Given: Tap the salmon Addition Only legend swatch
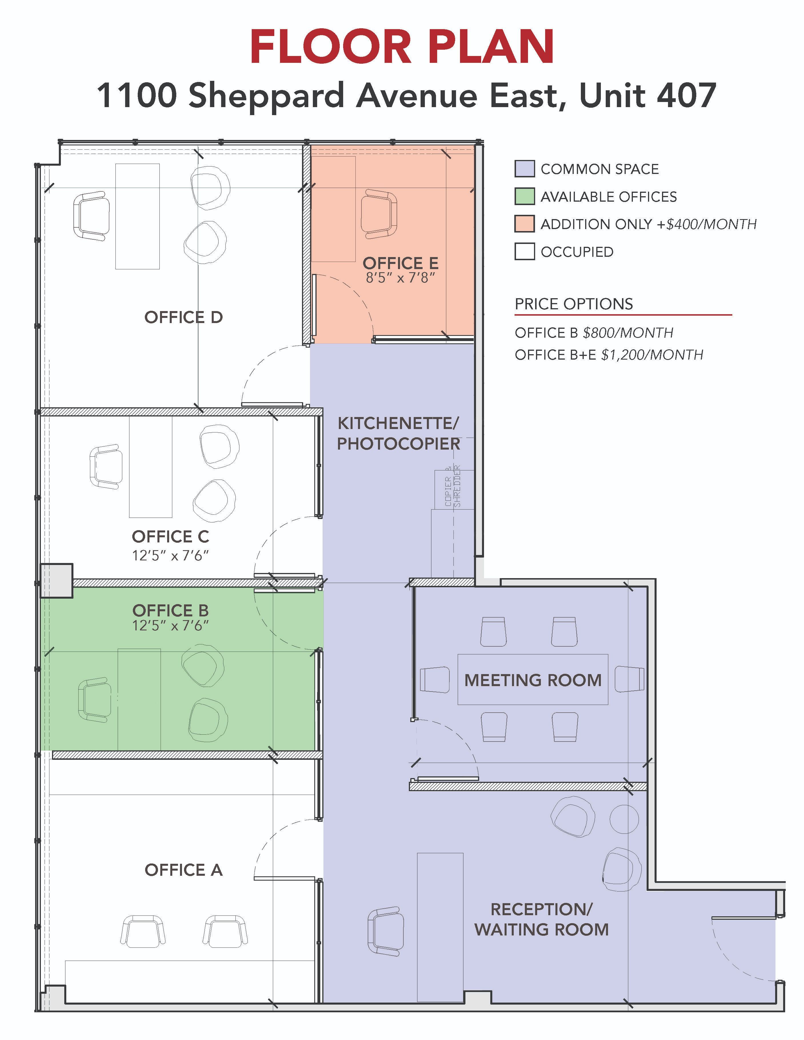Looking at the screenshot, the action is pyautogui.click(x=524, y=224).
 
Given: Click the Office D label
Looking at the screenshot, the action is pyautogui.click(x=183, y=317).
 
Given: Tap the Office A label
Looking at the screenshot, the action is pyautogui.click(x=183, y=870).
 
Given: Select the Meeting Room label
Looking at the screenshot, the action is pyautogui.click(x=533, y=680).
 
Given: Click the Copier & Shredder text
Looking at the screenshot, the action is pyautogui.click(x=453, y=486).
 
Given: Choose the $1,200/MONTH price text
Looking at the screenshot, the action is pyautogui.click(x=652, y=355).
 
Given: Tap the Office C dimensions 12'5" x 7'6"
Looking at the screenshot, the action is pyautogui.click(x=171, y=555).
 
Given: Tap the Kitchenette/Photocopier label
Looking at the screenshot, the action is pyautogui.click(x=399, y=433).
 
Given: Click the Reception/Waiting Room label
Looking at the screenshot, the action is pyautogui.click(x=541, y=919).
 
